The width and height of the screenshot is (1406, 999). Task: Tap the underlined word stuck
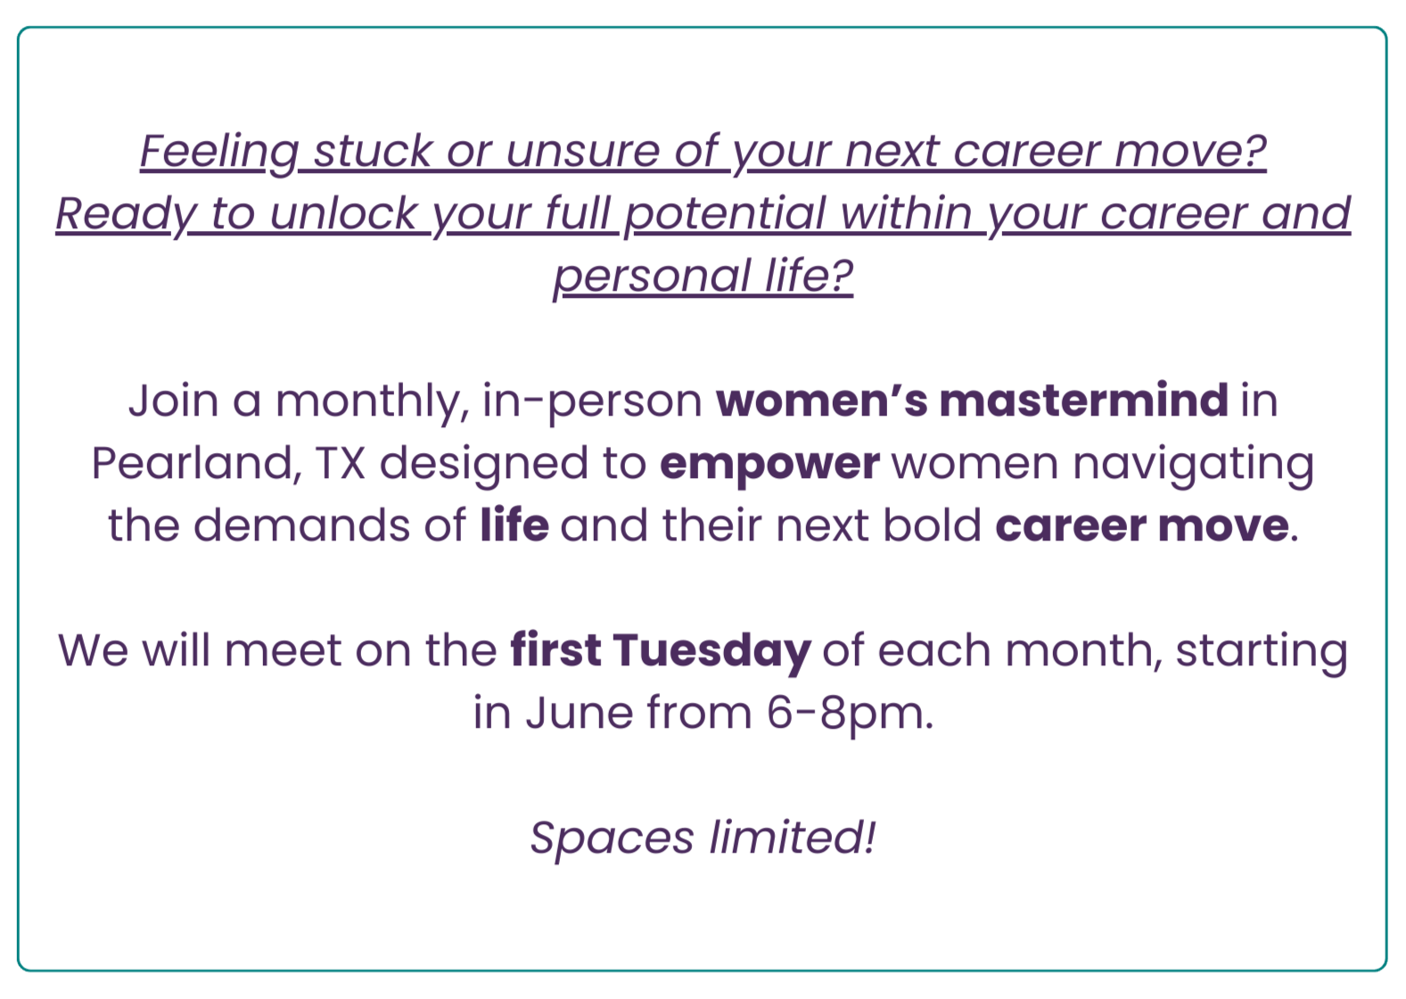(373, 151)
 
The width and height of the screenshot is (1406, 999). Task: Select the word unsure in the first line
(582, 153)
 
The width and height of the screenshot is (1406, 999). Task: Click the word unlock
(343, 213)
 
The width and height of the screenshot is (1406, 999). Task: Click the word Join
(174, 400)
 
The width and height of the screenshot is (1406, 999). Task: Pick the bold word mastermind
(1084, 400)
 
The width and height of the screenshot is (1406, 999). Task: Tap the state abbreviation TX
(341, 464)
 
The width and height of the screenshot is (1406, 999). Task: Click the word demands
(302, 525)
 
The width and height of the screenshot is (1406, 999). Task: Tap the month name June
(580, 713)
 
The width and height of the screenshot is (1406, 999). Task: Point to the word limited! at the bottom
(792, 837)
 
